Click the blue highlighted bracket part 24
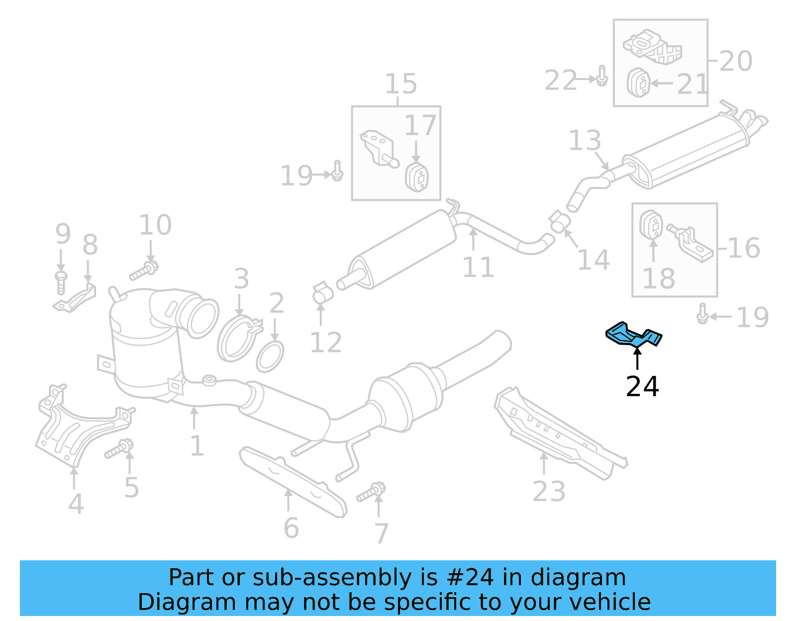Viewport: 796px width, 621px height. click(633, 335)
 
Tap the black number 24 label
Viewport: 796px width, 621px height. click(642, 386)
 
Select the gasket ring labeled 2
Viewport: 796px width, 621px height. click(270, 356)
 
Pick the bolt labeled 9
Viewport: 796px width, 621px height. click(61, 282)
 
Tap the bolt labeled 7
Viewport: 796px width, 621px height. click(371, 492)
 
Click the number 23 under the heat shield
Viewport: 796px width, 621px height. click(549, 491)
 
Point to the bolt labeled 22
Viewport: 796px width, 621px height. click(601, 76)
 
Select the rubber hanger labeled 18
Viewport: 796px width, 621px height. click(651, 225)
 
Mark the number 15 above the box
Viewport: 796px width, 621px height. click(400, 84)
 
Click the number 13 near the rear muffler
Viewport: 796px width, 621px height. click(585, 141)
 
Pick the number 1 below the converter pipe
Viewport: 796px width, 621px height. click(197, 445)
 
